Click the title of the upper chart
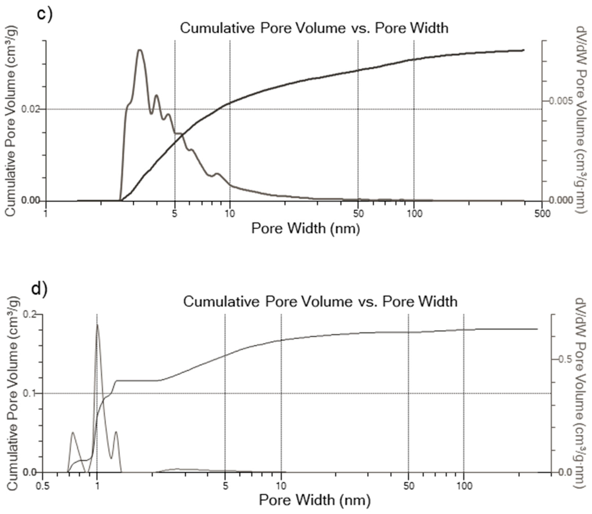click(x=314, y=28)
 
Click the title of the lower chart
click(x=320, y=301)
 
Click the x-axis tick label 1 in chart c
click(x=46, y=214)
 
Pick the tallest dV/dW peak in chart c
click(x=140, y=50)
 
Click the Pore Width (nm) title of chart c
click(x=306, y=229)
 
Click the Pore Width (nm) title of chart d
click(x=314, y=500)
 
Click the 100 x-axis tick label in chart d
click(x=464, y=486)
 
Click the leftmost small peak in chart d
click(x=73, y=432)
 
